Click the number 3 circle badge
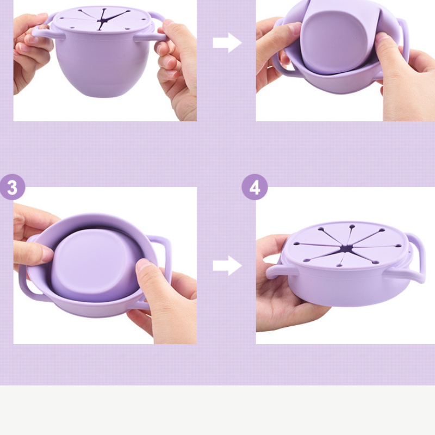pos(12,187)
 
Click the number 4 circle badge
pos(254,187)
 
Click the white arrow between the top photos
pos(227,43)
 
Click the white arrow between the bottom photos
pos(227,265)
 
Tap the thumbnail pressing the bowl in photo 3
pos(144,264)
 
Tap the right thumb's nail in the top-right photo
pos(382,38)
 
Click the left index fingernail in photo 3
pos(47,254)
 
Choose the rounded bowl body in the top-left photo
pos(103,65)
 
